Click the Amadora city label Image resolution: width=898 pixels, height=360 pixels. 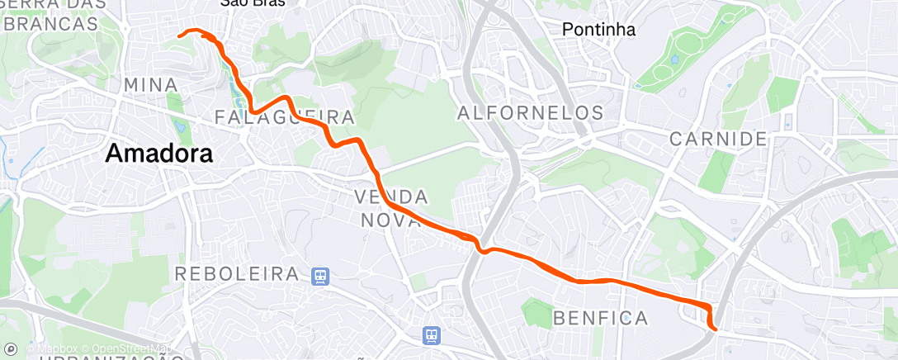[159, 154]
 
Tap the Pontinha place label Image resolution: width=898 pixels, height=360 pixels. [598, 30]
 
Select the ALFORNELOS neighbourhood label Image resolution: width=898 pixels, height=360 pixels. [530, 112]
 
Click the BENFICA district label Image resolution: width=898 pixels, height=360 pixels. [601, 317]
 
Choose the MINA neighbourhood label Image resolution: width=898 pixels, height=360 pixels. [150, 85]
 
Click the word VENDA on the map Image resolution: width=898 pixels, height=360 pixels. [391, 197]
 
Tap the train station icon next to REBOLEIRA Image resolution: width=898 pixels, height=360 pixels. [319, 275]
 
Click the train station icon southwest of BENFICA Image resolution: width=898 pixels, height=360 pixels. [431, 334]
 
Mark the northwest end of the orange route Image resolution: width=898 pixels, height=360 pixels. [180, 35]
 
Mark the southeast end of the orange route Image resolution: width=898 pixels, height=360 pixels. [715, 329]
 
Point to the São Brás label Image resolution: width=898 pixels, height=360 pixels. [253, 3]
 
